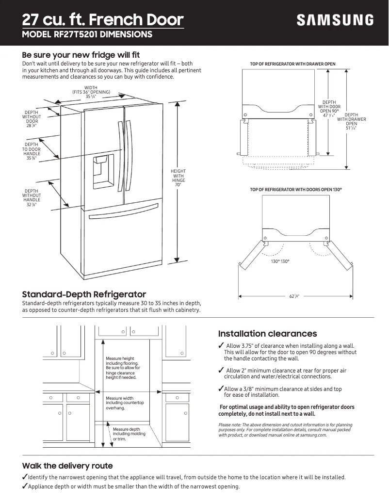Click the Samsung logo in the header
335,20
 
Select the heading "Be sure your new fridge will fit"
81,55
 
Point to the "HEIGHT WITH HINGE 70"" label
178,178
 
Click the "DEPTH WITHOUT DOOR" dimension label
32,119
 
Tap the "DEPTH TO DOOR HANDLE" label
32,151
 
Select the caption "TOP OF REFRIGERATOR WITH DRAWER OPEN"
292,64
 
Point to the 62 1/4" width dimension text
294,296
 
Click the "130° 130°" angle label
280,261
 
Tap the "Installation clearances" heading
267,334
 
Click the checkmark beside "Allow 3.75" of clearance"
221,345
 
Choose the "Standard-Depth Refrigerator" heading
84,294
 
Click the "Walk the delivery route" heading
67,466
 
